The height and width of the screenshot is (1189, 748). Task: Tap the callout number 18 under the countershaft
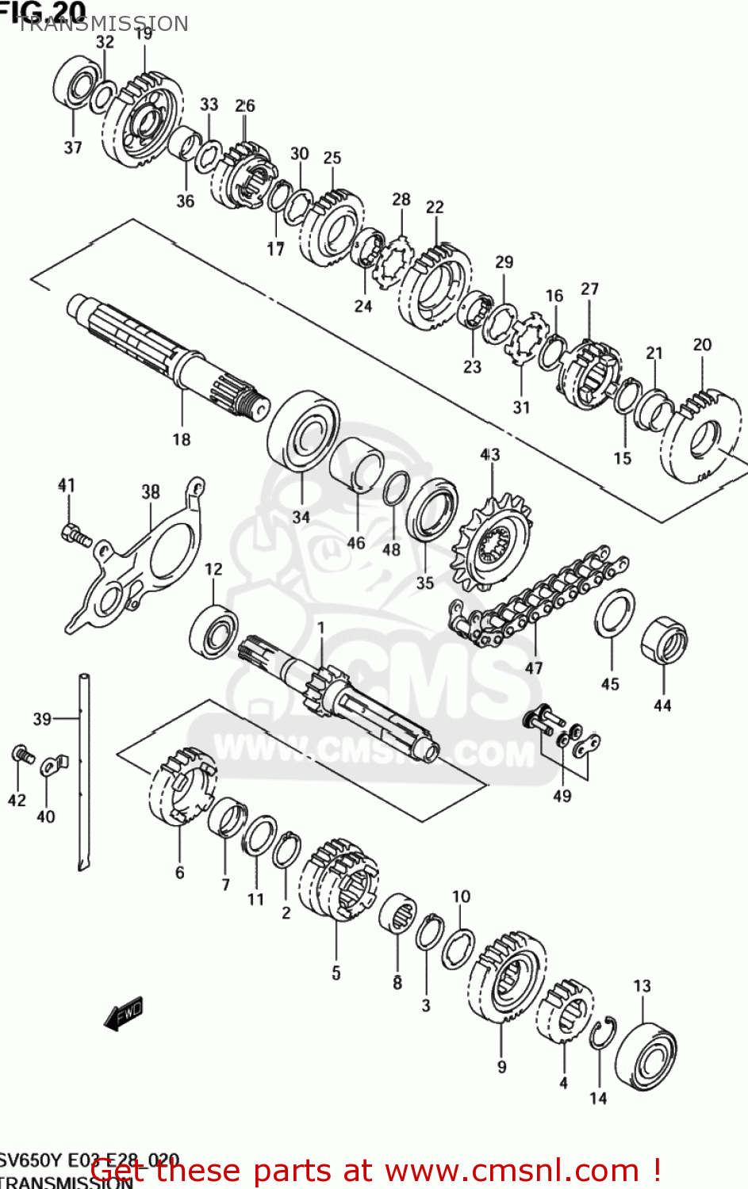click(x=182, y=439)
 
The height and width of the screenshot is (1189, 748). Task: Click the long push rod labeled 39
click(x=84, y=769)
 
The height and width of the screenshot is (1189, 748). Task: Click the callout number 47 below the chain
click(x=534, y=667)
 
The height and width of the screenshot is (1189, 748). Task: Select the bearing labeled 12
click(x=213, y=631)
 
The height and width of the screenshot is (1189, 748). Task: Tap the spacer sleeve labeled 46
click(x=357, y=468)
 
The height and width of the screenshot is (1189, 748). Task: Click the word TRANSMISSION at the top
click(x=103, y=24)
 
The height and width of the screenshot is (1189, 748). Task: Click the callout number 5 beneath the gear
click(x=336, y=973)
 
